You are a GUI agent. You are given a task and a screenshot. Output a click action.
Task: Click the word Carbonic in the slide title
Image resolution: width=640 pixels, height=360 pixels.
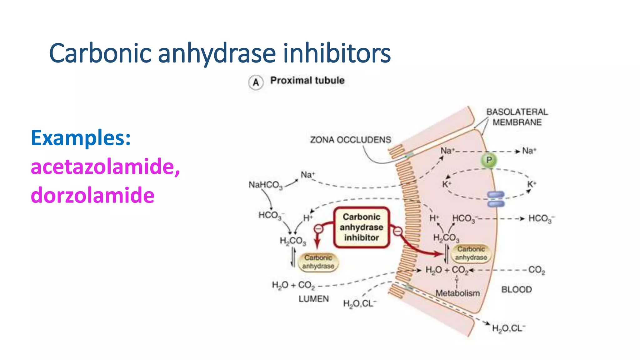(x=100, y=53)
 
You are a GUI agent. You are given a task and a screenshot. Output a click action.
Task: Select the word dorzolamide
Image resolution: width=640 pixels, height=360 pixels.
(x=92, y=195)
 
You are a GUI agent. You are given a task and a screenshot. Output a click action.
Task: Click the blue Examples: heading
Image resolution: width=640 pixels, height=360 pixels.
(x=81, y=138)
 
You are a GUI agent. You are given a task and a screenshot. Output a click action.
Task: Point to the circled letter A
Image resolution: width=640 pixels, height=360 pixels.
(x=256, y=82)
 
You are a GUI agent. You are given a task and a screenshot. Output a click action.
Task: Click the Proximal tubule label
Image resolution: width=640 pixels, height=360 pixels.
(x=307, y=81)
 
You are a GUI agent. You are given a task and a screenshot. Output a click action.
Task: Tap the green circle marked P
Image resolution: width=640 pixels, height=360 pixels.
(x=489, y=160)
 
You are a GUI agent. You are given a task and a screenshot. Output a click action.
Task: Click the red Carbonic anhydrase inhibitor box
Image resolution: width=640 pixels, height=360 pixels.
(x=362, y=227)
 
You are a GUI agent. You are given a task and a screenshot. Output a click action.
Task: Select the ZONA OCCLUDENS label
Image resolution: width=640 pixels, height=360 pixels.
(x=350, y=140)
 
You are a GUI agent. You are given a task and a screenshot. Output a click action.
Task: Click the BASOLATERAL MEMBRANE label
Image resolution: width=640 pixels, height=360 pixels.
(x=517, y=117)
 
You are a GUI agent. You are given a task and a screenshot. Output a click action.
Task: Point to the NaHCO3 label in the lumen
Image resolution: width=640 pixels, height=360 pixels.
(x=265, y=185)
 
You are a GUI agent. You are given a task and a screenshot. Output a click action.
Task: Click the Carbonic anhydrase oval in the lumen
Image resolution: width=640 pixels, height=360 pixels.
(x=318, y=262)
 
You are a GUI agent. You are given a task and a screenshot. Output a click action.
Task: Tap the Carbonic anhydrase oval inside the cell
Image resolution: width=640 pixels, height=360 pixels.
(x=471, y=253)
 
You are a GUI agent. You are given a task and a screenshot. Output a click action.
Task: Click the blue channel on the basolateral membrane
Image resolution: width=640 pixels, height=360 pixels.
(x=496, y=199)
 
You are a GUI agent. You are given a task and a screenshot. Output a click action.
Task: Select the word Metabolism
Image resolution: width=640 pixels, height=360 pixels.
(x=457, y=293)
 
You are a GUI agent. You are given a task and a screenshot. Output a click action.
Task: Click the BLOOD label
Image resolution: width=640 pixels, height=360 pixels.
(x=516, y=289)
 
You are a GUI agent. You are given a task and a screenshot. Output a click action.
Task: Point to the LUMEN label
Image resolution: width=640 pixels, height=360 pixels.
(x=313, y=299)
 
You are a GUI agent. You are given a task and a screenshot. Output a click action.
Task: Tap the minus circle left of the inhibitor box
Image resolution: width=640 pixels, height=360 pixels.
(x=318, y=229)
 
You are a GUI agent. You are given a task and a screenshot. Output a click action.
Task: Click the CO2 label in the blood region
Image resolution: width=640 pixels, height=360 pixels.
(x=537, y=270)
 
